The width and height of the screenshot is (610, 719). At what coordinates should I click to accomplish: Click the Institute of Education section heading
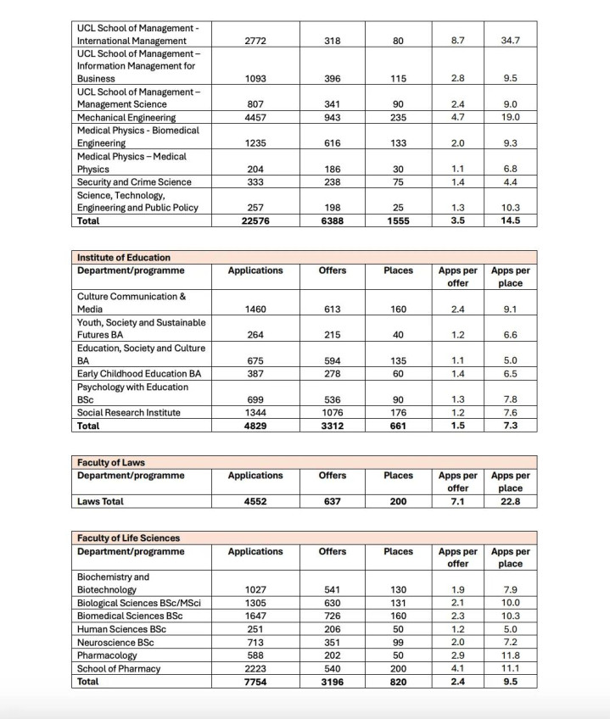click(124, 257)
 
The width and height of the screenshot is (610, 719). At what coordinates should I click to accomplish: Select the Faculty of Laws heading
click(111, 462)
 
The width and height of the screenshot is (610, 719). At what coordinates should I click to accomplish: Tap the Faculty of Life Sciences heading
click(128, 538)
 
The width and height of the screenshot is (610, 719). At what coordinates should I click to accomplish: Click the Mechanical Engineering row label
click(126, 118)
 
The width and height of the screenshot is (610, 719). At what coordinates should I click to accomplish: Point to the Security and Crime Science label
click(134, 181)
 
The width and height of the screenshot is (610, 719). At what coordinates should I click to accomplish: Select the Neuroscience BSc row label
click(116, 641)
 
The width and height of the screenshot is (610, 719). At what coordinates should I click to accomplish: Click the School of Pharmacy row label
click(119, 668)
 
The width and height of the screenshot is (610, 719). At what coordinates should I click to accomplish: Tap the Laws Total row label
click(100, 501)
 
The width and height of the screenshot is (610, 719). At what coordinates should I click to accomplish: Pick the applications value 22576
click(255, 220)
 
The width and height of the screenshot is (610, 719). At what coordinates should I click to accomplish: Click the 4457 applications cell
click(255, 118)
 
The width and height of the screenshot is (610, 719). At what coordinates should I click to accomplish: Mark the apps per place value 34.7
click(510, 41)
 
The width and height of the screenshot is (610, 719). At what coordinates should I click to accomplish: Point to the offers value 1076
click(333, 413)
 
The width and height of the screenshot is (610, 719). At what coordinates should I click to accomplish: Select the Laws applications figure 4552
click(255, 501)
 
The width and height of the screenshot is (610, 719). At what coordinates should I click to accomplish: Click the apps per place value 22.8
click(510, 501)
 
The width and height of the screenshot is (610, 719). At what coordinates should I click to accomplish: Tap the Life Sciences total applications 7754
click(255, 681)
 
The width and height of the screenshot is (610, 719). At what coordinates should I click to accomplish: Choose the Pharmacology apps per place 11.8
click(510, 655)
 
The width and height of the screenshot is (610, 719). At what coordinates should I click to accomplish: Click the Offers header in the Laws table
click(333, 476)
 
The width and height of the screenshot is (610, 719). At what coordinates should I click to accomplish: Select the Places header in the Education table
click(398, 270)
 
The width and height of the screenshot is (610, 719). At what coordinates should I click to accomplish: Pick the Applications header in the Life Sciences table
click(255, 551)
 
